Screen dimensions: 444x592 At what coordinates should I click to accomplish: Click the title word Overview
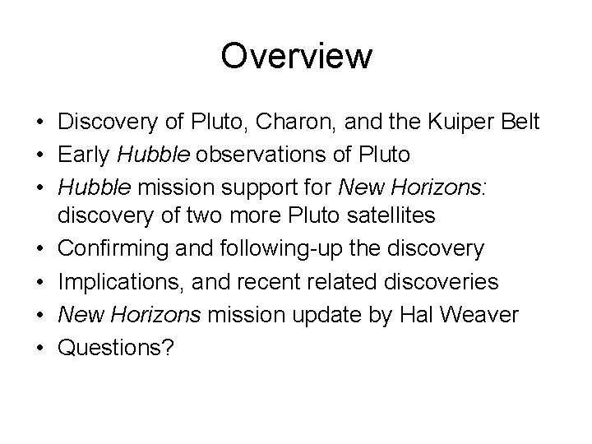coord(296,57)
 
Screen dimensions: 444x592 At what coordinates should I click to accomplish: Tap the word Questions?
coord(115,346)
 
